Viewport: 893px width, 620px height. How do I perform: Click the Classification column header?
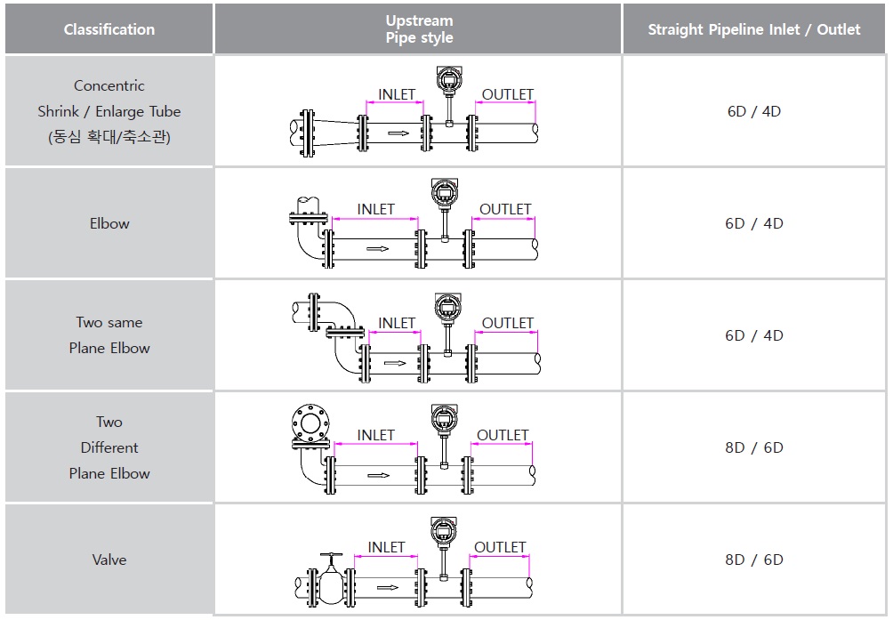coord(109,29)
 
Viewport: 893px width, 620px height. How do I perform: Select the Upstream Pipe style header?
coord(419,29)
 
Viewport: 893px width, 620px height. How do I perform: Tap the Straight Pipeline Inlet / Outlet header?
coord(753,29)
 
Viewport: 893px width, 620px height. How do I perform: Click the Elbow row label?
coord(109,223)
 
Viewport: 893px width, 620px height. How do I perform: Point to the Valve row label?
coord(109,560)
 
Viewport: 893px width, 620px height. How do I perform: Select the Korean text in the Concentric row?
coord(109,137)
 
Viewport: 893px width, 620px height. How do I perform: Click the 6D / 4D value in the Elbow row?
coord(753,223)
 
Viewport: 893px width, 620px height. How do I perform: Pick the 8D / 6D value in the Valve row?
coord(753,560)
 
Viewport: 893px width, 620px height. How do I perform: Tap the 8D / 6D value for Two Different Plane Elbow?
coord(753,447)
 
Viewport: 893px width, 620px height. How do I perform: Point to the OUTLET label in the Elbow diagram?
coord(505,209)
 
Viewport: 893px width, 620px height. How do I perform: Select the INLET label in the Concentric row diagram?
coord(397,94)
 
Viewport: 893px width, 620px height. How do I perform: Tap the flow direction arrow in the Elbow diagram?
coord(378,249)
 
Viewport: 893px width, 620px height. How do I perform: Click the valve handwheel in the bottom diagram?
coord(331,557)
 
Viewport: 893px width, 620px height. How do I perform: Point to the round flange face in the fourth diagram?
coord(310,423)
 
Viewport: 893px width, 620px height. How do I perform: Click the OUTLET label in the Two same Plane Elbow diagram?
coord(507,323)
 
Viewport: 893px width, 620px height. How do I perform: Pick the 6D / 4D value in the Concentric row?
coord(753,111)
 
